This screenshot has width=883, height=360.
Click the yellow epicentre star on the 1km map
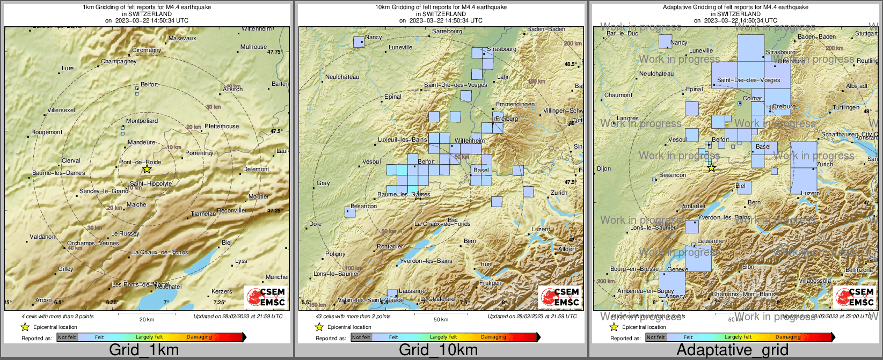(147, 170)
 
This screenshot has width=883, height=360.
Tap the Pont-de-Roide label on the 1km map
(140, 162)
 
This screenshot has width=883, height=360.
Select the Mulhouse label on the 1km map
(253, 47)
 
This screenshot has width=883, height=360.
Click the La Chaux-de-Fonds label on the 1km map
(160, 252)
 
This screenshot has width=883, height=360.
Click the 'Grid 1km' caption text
(144, 350)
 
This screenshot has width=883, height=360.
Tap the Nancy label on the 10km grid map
(373, 38)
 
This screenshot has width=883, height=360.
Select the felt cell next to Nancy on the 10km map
(359, 42)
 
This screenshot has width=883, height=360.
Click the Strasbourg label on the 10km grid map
(501, 49)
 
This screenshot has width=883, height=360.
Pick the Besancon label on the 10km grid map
(363, 206)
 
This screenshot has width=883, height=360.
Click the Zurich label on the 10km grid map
(559, 193)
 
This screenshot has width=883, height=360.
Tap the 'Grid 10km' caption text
(438, 350)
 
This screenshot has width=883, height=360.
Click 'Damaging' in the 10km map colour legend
(493, 337)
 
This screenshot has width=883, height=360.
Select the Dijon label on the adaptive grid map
(604, 168)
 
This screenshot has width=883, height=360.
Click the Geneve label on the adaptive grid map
(677, 269)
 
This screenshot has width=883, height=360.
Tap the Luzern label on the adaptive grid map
(810, 193)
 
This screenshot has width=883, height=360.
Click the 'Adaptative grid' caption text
(732, 350)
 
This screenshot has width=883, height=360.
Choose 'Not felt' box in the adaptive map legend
(655, 337)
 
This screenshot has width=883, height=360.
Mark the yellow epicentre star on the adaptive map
(711, 168)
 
